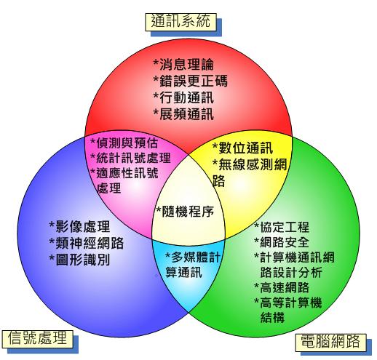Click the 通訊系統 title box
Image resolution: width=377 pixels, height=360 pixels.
[x=180, y=22]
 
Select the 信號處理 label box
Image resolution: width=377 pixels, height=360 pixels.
[x=38, y=339]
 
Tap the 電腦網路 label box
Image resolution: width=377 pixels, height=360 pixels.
[x=330, y=343]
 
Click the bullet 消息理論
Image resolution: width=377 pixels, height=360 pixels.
[x=183, y=65]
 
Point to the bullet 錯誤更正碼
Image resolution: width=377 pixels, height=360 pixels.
[x=191, y=81]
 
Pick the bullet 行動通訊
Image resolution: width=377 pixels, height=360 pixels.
[x=183, y=97]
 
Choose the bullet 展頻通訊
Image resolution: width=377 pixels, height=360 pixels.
[x=183, y=114]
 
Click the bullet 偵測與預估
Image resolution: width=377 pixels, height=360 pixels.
[x=124, y=143]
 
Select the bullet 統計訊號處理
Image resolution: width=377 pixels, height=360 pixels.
[x=130, y=158]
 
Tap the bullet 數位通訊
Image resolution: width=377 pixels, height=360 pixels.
[x=242, y=148]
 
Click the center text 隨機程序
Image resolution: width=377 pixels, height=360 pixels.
[x=185, y=212]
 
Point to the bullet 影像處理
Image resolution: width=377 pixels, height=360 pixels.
[x=79, y=226]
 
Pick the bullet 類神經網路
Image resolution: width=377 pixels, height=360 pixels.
[x=87, y=243]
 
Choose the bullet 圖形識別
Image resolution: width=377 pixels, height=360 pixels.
[x=79, y=260]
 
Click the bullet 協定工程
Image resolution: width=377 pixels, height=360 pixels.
[x=282, y=227]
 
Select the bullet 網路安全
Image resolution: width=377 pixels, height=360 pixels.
[x=282, y=242]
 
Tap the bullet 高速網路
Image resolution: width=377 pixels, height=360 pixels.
[x=282, y=287]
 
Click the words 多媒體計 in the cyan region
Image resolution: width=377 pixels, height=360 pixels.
[x=193, y=257]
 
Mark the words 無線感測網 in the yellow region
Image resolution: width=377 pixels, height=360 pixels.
[x=250, y=164]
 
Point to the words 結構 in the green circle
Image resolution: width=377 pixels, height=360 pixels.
[x=272, y=317]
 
